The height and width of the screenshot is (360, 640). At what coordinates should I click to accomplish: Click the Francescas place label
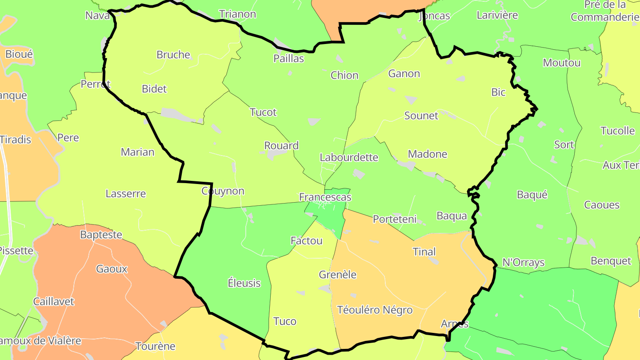pyautogui.click(x=325, y=197)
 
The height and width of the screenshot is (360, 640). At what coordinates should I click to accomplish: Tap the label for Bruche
pyautogui.click(x=173, y=55)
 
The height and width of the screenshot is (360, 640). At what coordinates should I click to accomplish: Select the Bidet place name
pyautogui.click(x=154, y=89)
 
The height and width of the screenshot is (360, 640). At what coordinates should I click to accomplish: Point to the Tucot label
pyautogui.click(x=263, y=112)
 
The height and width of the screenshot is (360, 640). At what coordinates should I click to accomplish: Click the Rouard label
pyautogui.click(x=281, y=145)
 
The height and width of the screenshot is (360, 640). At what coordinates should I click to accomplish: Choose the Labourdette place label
pyautogui.click(x=349, y=157)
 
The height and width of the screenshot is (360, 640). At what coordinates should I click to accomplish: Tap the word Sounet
pyautogui.click(x=421, y=116)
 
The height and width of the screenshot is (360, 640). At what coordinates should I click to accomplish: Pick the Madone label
pyautogui.click(x=428, y=154)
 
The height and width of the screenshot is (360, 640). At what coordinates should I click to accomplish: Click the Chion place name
pyautogui.click(x=344, y=75)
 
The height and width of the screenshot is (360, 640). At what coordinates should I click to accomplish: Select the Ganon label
pyautogui.click(x=404, y=73)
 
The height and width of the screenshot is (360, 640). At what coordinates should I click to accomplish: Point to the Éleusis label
pyautogui.click(x=244, y=283)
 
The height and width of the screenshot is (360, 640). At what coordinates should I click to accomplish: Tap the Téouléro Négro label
pyautogui.click(x=375, y=310)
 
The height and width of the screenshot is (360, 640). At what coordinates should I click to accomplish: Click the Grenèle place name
pyautogui.click(x=338, y=275)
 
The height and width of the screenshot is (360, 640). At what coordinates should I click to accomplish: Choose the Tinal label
pyautogui.click(x=424, y=252)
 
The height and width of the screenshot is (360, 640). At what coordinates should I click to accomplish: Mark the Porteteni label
pyautogui.click(x=395, y=219)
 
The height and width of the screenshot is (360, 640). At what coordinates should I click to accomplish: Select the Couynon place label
pyautogui.click(x=223, y=191)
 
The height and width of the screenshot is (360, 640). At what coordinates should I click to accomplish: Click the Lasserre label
pyautogui.click(x=126, y=194)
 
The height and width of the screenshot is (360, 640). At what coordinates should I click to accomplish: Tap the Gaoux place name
pyautogui.click(x=112, y=269)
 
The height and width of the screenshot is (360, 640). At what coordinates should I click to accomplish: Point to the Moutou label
pyautogui.click(x=562, y=63)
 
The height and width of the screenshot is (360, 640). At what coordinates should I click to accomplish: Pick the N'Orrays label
pyautogui.click(x=523, y=262)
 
